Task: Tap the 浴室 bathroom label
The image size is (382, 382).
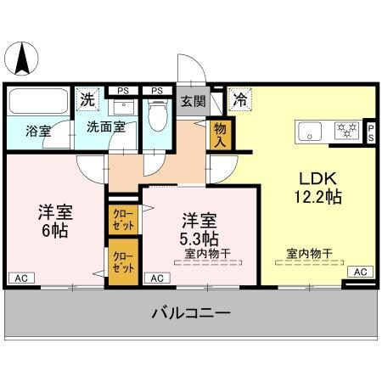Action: click(x=38, y=132)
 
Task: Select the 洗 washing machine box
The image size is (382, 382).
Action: click(x=87, y=100)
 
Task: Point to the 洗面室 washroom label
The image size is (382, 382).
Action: click(x=105, y=128)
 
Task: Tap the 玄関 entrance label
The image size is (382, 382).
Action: click(x=193, y=101)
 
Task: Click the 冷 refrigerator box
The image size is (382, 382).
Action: click(x=240, y=98)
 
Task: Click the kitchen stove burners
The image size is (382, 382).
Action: click(x=346, y=131)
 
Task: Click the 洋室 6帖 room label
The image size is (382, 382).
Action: click(x=53, y=220)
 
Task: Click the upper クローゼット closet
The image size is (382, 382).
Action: click(x=122, y=222)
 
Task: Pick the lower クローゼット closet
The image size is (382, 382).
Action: click(x=122, y=261)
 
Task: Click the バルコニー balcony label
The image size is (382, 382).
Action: click(x=191, y=314)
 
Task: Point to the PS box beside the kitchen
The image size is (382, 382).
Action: click(x=370, y=131)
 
